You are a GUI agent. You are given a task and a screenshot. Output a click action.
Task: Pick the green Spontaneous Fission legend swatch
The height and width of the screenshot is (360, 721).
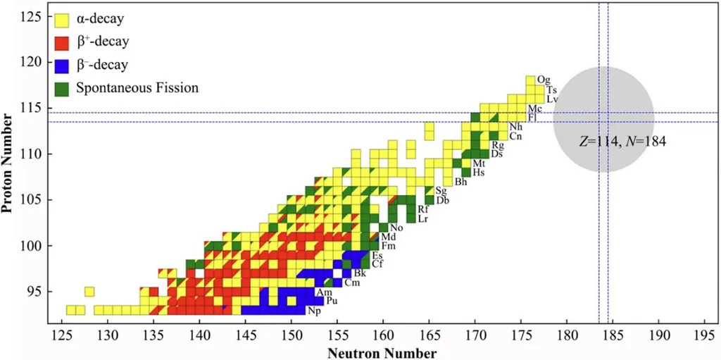tap(63, 88)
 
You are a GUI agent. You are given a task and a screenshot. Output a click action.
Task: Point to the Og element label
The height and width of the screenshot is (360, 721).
tap(543, 80)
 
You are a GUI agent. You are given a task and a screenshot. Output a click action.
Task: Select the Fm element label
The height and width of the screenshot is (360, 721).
tap(388, 246)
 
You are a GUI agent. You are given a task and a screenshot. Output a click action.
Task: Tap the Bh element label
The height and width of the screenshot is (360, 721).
tap(462, 182)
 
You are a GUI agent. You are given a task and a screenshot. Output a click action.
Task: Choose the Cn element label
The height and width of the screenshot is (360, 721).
tap(516, 136)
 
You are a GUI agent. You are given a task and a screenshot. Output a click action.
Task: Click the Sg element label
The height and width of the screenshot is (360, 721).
tap(441, 191)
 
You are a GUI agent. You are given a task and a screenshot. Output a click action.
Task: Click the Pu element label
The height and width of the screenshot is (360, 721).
tap(332, 302)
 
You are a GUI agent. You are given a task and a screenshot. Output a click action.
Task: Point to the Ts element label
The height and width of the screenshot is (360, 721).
tap(551, 90)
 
